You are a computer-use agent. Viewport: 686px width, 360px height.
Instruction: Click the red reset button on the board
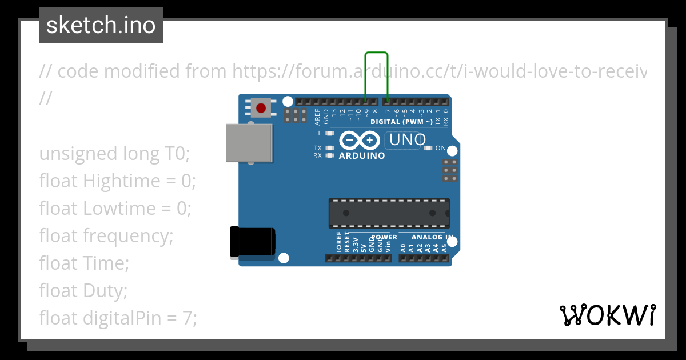(261, 108)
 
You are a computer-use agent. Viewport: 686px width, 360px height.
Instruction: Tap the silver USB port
(249, 143)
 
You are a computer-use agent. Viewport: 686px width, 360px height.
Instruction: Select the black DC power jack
(252, 242)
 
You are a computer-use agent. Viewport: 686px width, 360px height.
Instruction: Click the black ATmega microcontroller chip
(389, 213)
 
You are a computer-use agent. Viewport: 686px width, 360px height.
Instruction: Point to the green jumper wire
(376, 53)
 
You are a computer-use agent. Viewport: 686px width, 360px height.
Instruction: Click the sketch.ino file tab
(101, 25)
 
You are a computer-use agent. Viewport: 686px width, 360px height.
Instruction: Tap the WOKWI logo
(607, 315)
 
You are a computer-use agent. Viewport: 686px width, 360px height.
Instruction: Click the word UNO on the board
(407, 139)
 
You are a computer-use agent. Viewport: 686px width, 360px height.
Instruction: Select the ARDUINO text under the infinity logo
(362, 155)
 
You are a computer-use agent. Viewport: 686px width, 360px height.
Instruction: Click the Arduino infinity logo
(360, 140)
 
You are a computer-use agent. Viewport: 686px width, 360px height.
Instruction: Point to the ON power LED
(428, 148)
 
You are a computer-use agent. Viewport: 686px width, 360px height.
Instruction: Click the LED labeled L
(329, 134)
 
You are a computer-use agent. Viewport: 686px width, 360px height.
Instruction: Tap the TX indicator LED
(329, 148)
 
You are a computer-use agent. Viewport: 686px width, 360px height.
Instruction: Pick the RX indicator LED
(329, 155)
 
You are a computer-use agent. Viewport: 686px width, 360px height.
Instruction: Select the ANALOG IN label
(433, 237)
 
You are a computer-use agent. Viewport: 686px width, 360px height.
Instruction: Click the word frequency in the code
(127, 235)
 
